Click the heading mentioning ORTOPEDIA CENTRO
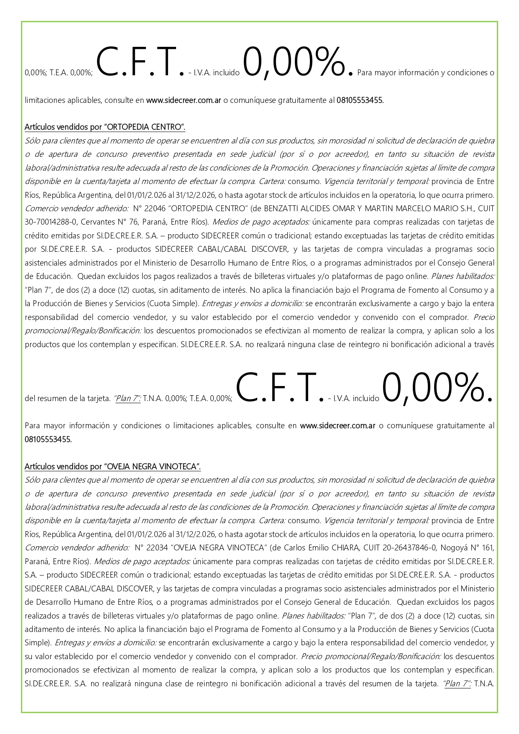105,127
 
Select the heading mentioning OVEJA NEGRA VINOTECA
113,467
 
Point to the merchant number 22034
158,548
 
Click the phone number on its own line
48,440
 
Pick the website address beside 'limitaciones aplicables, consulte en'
184,100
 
